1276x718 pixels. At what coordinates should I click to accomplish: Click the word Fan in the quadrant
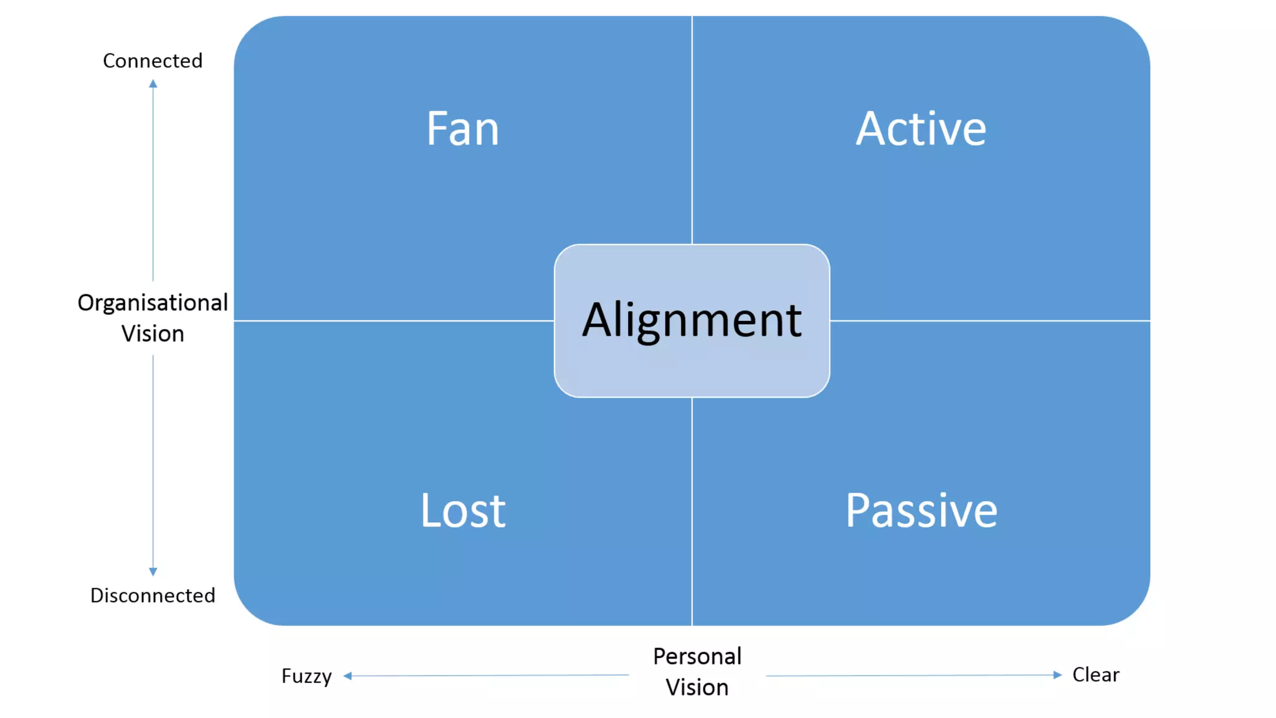click(462, 129)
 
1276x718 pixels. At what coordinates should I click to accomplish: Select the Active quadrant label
click(921, 129)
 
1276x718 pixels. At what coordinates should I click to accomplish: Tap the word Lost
click(463, 510)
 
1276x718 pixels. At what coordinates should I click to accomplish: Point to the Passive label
click(921, 510)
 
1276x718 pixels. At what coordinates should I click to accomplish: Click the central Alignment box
click(692, 320)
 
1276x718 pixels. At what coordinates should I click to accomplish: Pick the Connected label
click(153, 60)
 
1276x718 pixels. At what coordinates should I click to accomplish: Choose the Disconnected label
click(153, 595)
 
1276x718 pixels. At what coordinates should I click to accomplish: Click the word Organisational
click(153, 302)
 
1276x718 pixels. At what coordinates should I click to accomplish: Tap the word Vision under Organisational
click(153, 333)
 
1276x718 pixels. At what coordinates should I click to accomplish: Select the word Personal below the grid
click(697, 656)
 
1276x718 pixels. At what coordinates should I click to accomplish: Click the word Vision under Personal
click(697, 687)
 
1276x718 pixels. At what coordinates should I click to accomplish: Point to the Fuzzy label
click(307, 676)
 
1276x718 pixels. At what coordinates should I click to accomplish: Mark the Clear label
click(1095, 674)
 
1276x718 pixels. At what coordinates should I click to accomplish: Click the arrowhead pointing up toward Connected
click(153, 84)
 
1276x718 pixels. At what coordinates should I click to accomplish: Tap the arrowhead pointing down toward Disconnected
click(153, 571)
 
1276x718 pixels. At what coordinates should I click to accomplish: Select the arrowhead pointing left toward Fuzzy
click(348, 676)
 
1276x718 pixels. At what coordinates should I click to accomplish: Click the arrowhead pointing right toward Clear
click(1057, 674)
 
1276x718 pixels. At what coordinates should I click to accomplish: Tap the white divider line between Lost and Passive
click(692, 511)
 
